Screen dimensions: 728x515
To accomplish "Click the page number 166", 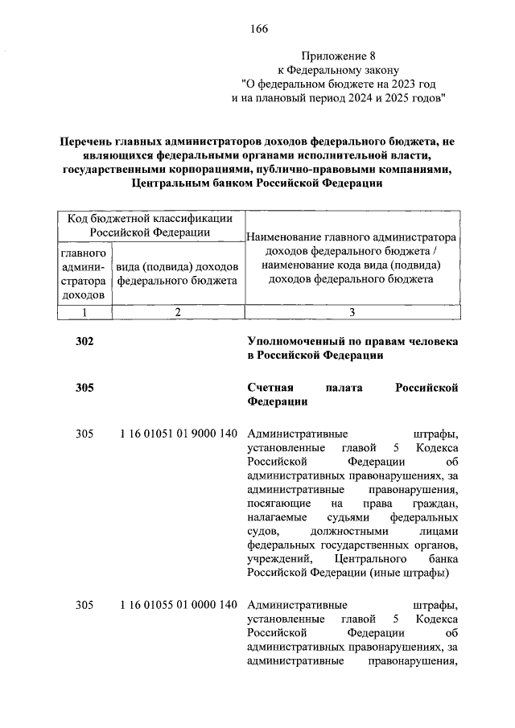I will click(x=257, y=30).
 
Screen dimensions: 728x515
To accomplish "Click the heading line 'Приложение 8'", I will click(x=339, y=56).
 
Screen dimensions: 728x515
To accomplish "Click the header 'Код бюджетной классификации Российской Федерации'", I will click(x=150, y=225).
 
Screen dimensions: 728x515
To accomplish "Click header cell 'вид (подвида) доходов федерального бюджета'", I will click(x=177, y=274).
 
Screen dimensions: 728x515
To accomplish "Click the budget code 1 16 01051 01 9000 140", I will click(x=178, y=434).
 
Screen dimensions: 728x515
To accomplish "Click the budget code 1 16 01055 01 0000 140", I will click(x=178, y=604).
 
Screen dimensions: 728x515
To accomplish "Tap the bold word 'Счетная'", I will click(x=270, y=388).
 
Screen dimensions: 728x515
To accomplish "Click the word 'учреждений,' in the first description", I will click(x=277, y=558).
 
